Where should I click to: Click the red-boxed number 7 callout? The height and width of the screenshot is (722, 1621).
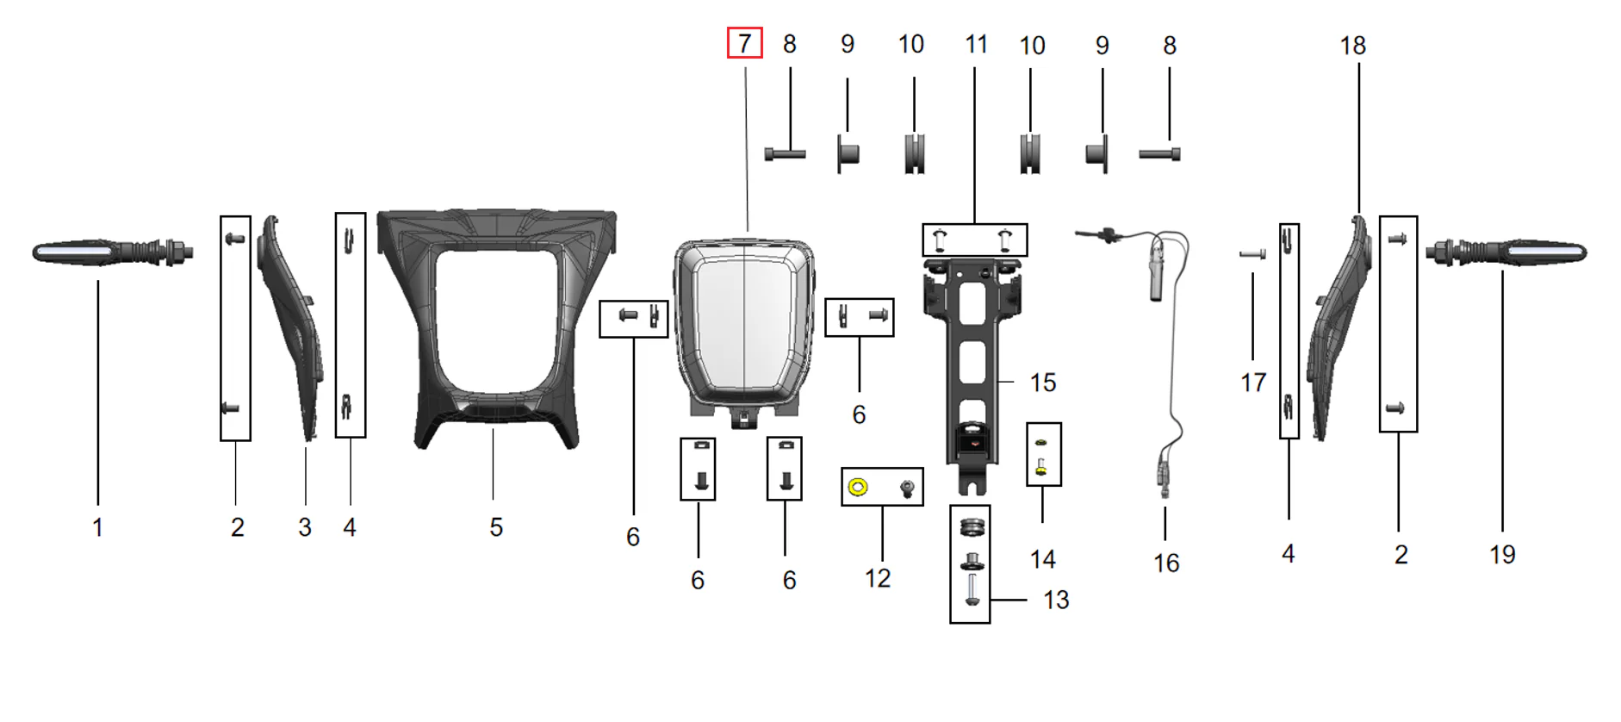pos(745,43)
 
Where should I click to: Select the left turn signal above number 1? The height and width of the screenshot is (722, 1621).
pos(113,252)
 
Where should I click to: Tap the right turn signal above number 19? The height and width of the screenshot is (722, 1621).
pos(1506,252)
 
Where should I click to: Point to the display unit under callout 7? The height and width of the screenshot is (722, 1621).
pos(743,332)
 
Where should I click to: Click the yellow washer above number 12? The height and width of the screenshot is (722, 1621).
pos(857,488)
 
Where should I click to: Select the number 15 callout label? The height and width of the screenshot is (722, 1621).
pos(1042,383)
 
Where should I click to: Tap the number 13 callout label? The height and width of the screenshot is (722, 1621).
pos(1056,600)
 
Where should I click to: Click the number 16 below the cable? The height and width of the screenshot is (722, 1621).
pos(1166,563)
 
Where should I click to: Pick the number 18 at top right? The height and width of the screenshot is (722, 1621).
pos(1352,46)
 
